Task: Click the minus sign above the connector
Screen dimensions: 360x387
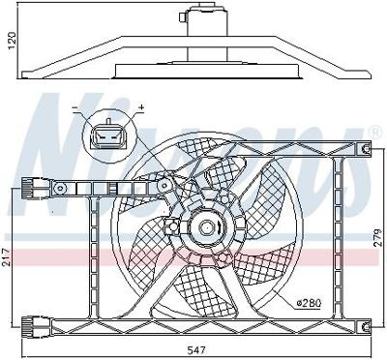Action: [75, 106]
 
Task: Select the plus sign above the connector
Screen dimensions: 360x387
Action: [140, 106]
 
